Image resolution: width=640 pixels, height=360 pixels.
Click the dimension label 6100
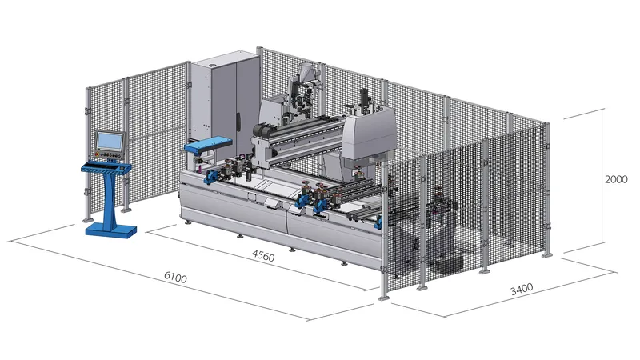point(175,277)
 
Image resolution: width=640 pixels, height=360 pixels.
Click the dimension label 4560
point(263,255)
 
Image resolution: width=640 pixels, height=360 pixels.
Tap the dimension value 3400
point(522,289)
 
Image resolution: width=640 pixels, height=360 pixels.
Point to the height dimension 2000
point(616,179)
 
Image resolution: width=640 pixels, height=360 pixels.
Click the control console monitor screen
point(110,141)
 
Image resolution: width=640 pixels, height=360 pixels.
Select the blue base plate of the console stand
point(111,231)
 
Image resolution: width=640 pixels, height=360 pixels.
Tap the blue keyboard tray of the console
point(106,168)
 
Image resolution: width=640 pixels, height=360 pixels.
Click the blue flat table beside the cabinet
point(208,144)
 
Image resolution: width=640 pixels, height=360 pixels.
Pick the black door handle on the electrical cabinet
point(238,122)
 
